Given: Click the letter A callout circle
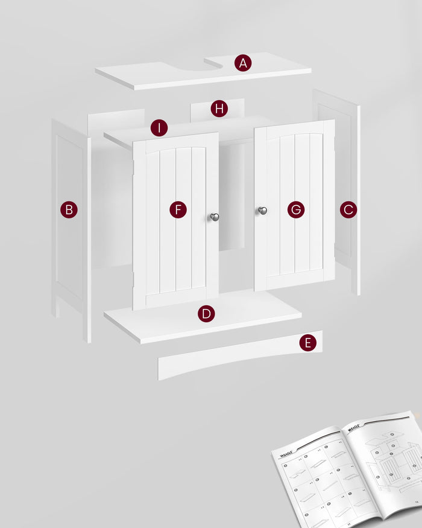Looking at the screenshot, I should [243, 63].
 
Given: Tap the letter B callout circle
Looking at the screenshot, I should [69, 209].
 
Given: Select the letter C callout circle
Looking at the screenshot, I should [348, 209].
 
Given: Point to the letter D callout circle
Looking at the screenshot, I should [206, 314].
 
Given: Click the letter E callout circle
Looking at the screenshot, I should [308, 343].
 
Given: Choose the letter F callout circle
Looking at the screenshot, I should [178, 209].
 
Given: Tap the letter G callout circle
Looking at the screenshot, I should [295, 209].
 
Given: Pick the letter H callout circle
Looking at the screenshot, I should [219, 109].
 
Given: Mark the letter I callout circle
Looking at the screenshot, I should [159, 128].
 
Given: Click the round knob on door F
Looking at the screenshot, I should [215, 217].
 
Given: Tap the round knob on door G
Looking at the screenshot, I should [262, 211].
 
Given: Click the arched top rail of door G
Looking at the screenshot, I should [294, 132].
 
